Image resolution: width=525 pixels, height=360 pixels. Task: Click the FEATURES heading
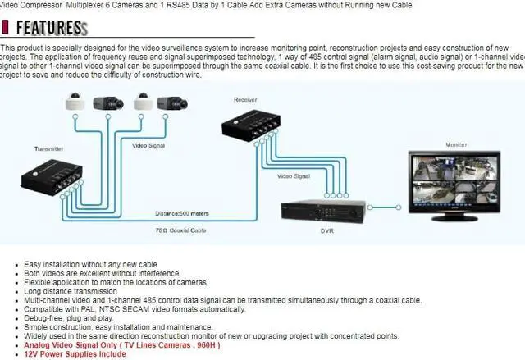point(49,27)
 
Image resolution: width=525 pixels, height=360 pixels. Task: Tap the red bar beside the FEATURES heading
point(6,27)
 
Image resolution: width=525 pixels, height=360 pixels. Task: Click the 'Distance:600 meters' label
point(183,213)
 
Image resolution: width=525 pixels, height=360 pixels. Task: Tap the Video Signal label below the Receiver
point(293,175)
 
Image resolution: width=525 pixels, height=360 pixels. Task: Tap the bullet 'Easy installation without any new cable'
point(90,264)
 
